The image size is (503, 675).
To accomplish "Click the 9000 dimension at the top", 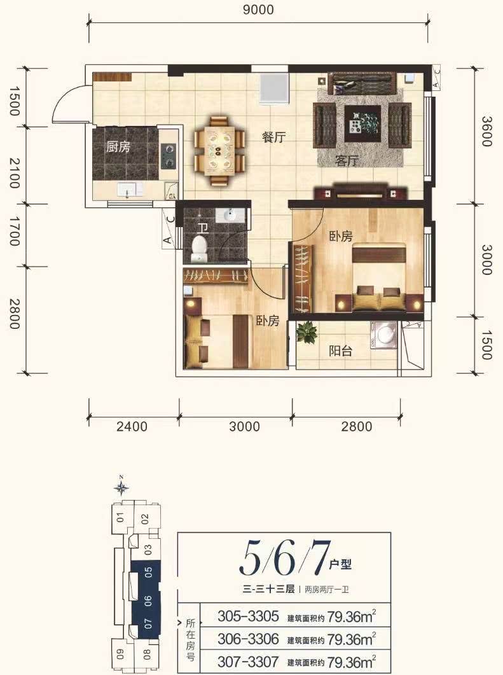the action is click(x=258, y=9).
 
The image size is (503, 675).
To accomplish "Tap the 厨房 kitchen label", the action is click(x=118, y=147).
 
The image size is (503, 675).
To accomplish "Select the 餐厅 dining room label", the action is click(x=273, y=137).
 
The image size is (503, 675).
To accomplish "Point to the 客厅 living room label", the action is click(x=347, y=161).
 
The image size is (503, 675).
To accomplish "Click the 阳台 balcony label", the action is click(x=340, y=351).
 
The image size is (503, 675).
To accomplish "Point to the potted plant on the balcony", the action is click(x=307, y=332).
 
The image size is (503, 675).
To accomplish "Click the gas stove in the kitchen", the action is click(x=169, y=156).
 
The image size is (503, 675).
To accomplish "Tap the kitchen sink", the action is click(x=127, y=190).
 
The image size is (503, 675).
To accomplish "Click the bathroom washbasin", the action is click(x=230, y=215).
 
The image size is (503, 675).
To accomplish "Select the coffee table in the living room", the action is click(x=362, y=123).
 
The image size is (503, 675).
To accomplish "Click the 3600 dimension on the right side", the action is click(x=486, y=131).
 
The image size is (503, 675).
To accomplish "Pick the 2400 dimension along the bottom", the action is click(x=132, y=426).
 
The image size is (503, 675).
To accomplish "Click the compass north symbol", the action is click(x=121, y=487).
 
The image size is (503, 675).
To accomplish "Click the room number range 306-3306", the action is click(x=248, y=638).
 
